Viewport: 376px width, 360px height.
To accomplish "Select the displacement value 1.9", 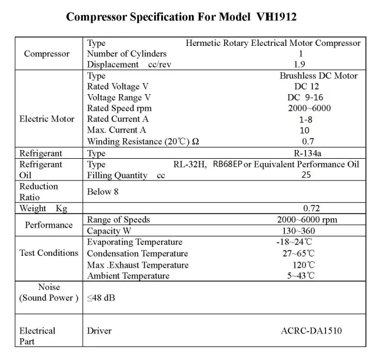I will point(300,64).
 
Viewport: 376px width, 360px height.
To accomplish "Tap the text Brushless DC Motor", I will point(318,76).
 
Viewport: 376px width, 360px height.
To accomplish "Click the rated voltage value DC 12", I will point(304,86).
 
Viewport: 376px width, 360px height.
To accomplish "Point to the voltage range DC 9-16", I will point(305,98).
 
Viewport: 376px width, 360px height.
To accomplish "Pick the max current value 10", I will point(304,130).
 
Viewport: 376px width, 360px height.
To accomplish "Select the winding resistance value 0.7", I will point(308,141).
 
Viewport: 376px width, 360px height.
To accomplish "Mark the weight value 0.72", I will point(311,208).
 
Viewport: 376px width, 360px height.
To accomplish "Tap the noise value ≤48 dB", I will point(101,298).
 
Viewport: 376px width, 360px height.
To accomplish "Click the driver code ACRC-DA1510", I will point(311,331).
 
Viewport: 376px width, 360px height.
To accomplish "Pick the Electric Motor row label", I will point(47,119).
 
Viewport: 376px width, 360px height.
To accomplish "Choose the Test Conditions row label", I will point(49,253).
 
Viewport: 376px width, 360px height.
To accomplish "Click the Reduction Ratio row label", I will point(39,192).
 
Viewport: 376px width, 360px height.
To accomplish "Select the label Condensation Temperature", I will point(138,254).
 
